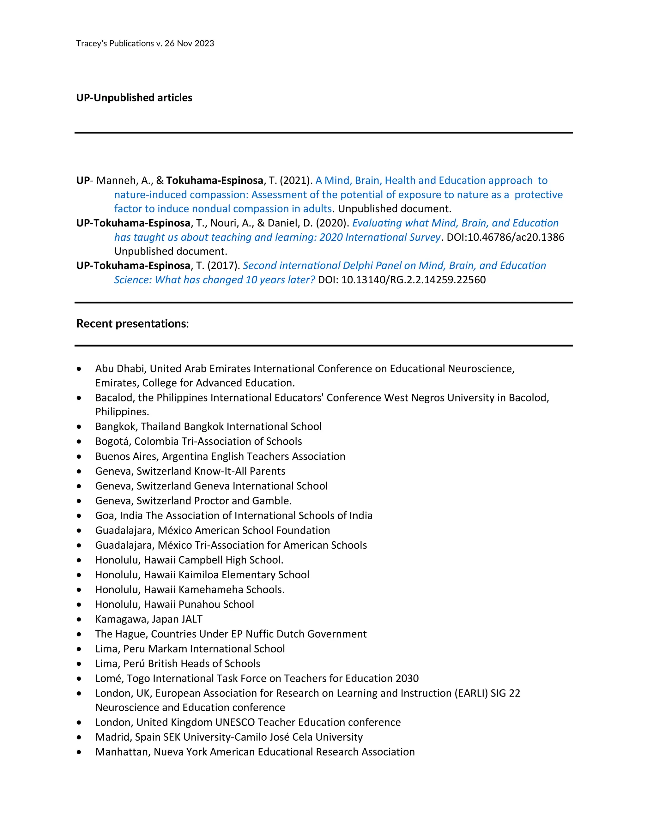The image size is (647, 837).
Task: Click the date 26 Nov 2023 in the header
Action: pyautogui.click(x=189, y=43)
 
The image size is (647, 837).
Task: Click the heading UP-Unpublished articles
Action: pyautogui.click(x=134, y=98)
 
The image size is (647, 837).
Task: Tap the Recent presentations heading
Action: pyautogui.click(x=132, y=323)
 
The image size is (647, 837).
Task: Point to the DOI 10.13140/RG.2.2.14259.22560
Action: pyautogui.click(x=414, y=280)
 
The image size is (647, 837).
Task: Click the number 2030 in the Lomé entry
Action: pyautogui.click(x=407, y=678)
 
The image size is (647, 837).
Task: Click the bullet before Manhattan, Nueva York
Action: pyautogui.click(x=79, y=752)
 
